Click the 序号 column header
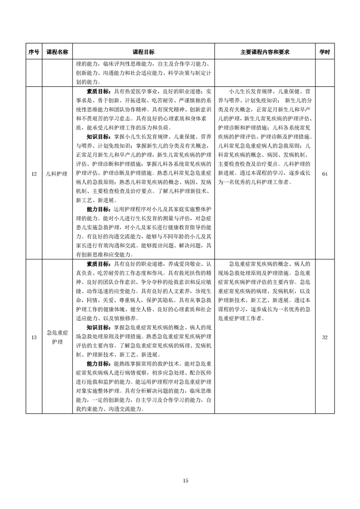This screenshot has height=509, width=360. click(34, 52)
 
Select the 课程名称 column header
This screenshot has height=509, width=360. click(57, 52)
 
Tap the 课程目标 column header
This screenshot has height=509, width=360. click(143, 52)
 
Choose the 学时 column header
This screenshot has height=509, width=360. click(325, 52)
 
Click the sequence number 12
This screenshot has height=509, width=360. click(34, 173)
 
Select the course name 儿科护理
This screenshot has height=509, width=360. click(57, 173)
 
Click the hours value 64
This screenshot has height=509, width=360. click(325, 173)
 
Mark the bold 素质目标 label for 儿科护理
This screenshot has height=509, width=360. click(99, 91)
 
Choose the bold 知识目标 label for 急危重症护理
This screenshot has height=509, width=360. click(99, 327)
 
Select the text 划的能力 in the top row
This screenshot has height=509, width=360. click(86, 82)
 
